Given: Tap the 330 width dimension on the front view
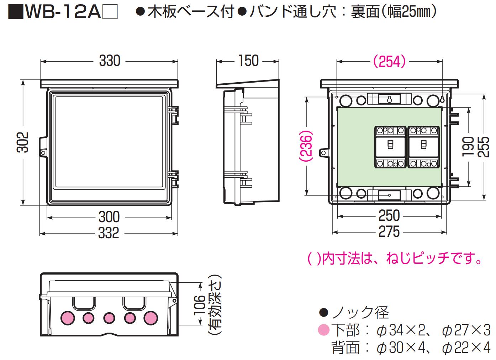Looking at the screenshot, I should click(x=110, y=61).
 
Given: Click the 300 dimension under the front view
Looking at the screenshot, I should click(x=109, y=217).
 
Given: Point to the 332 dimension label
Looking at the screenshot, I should click(x=109, y=233).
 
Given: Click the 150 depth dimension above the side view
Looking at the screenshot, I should click(x=248, y=61).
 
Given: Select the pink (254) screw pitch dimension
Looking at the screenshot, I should click(x=389, y=62).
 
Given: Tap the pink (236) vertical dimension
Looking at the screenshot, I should click(x=306, y=147).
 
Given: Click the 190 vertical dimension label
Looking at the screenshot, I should click(x=468, y=146).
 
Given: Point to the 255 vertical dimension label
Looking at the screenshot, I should click(x=484, y=146).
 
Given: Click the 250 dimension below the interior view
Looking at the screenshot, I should click(x=389, y=216).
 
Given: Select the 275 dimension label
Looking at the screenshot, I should click(x=389, y=232).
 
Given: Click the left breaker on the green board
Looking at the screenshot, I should click(x=390, y=146).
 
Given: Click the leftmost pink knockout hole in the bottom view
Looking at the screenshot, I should click(x=67, y=318).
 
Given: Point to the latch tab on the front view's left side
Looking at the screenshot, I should click(x=43, y=146).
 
